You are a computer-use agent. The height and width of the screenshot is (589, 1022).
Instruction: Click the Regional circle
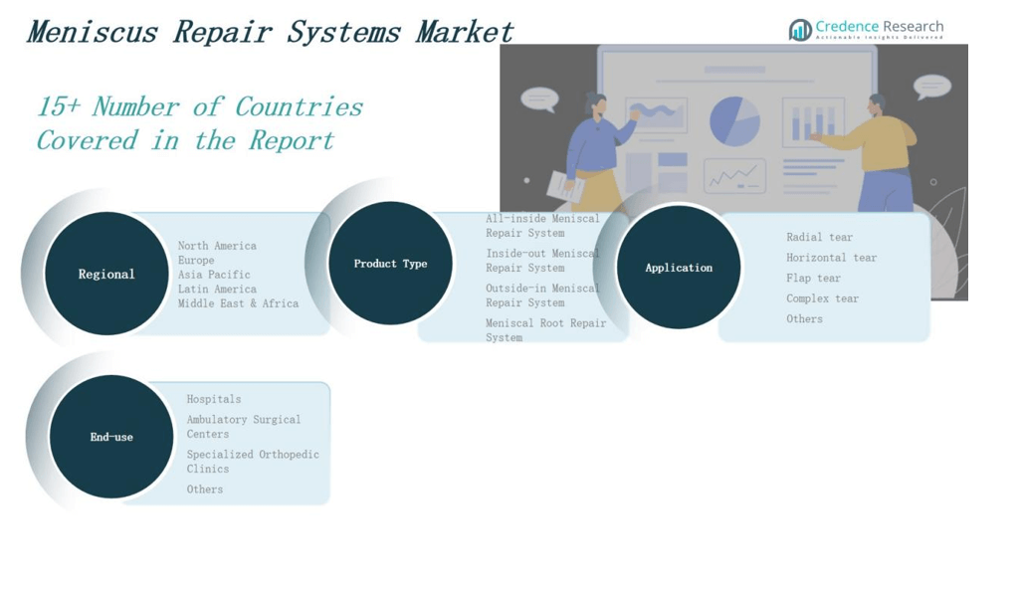pos(106,274)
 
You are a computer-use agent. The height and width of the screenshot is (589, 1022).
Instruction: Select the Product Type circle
pos(390,264)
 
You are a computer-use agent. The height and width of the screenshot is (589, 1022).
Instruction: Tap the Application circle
pos(679,267)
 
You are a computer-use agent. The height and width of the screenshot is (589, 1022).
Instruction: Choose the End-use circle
pos(111,437)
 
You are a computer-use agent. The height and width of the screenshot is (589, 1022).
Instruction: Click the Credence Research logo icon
pos(800,30)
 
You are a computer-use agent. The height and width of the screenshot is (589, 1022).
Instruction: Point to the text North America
pos(217,246)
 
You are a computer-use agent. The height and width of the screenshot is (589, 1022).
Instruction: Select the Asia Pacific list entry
pos(214,275)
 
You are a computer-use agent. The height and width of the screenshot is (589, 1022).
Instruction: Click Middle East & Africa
pos(238,303)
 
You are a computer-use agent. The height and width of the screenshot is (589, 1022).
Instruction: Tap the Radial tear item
pos(819,237)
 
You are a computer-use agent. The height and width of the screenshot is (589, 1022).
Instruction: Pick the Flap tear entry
pos(813,279)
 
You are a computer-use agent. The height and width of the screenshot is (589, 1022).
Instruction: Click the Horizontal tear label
pos(831,258)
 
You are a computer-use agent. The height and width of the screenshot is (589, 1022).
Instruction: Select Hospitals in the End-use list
pos(214,399)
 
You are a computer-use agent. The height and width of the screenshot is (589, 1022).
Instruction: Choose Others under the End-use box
pos(205,489)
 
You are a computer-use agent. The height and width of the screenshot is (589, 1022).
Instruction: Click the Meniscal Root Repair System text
pos(545,329)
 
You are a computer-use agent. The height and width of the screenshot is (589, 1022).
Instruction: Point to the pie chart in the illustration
pos(734,121)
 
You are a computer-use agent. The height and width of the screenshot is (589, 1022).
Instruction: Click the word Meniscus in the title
pos(92,32)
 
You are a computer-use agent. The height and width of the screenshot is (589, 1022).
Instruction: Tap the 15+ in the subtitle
pos(59,106)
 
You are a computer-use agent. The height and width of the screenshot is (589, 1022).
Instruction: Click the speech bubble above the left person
pos(539,99)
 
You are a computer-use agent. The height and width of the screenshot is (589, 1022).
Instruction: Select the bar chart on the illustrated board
pos(813,122)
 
